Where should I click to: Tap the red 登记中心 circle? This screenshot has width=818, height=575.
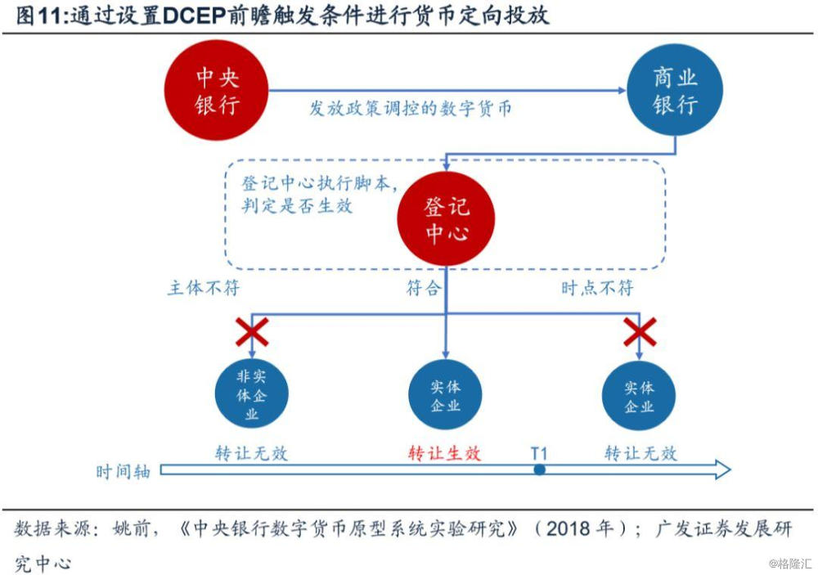[x=446, y=219]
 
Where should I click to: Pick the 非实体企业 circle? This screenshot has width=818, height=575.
[x=251, y=395]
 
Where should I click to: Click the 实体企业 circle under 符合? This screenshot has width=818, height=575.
[x=445, y=395]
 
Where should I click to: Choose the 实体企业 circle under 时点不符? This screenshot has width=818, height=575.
[x=639, y=395]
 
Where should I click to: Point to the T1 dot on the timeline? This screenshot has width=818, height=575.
[x=539, y=469]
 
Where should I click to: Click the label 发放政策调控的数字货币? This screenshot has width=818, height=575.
[x=409, y=108]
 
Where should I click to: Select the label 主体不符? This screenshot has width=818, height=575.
[x=204, y=288]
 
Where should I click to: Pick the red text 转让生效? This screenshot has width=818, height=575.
[x=444, y=453]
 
